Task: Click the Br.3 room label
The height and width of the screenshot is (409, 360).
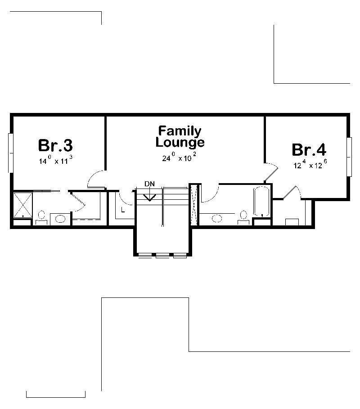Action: pos(55,145)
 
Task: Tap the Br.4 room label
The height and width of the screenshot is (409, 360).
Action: pos(309,149)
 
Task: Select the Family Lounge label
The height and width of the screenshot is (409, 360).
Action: pos(180,137)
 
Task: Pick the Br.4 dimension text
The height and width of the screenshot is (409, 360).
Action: pos(310,165)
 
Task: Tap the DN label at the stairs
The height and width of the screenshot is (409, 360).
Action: pos(149,184)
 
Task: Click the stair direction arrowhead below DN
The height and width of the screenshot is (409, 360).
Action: pos(149,197)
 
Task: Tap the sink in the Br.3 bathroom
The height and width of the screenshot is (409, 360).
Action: pos(60,219)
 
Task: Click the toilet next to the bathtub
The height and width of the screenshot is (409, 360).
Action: pos(244,216)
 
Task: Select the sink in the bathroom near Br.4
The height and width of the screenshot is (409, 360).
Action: pos(217,219)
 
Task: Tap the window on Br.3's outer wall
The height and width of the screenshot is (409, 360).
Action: pos(10,153)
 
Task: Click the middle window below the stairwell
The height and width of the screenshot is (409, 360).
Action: pos(162,256)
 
